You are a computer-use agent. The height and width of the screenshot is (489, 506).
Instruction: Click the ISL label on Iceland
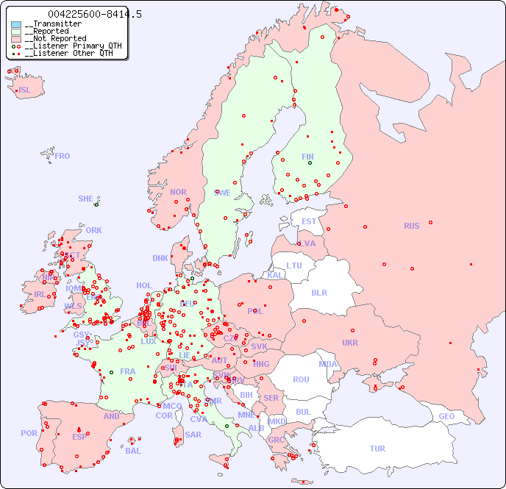(25, 90)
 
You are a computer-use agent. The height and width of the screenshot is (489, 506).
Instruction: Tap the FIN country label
(307, 157)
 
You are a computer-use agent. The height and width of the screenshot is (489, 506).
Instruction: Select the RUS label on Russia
(411, 226)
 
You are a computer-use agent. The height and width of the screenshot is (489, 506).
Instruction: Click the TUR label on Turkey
(377, 449)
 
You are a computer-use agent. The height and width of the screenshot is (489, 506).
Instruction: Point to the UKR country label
(350, 343)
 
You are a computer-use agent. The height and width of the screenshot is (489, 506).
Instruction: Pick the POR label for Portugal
(29, 433)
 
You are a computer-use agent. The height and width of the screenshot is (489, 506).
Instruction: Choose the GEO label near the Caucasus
(446, 416)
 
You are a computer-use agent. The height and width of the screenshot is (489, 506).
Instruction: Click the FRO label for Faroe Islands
(63, 156)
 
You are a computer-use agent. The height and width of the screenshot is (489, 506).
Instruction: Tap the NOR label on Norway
(178, 192)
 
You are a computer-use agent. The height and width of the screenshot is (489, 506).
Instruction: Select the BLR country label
(318, 292)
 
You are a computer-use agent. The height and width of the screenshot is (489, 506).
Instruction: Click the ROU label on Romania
(301, 379)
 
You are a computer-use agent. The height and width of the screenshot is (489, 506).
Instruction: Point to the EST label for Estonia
(309, 221)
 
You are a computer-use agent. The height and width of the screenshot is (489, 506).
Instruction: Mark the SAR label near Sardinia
(193, 435)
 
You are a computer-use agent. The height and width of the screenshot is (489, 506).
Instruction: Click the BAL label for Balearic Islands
(133, 451)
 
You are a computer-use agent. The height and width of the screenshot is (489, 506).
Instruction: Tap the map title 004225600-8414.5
(95, 14)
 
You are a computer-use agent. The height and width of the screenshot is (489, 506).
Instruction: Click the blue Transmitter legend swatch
(16, 24)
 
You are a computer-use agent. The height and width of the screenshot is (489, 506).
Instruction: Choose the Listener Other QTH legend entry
(66, 53)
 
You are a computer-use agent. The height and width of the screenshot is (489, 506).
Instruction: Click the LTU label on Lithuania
(294, 265)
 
